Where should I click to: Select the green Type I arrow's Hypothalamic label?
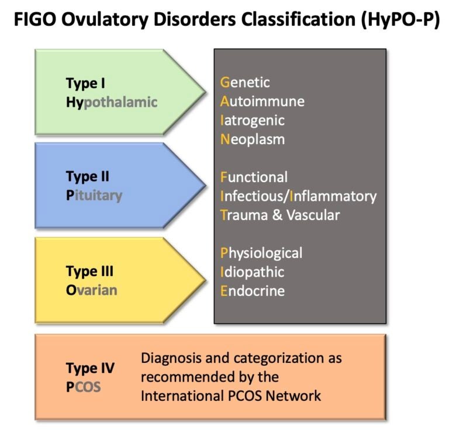[x=112, y=102]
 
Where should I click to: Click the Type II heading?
[x=88, y=177]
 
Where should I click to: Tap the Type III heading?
[x=89, y=271]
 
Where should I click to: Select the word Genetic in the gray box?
[x=245, y=83]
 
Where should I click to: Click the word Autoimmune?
[x=262, y=102]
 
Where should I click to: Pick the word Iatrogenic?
[x=253, y=120]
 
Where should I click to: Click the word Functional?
[x=254, y=177]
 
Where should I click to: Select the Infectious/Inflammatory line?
[x=298, y=195]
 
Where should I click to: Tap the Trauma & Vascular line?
[x=279, y=215]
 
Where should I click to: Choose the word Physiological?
[x=261, y=253]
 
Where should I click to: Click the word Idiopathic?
[x=252, y=272]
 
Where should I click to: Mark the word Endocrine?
[x=252, y=291]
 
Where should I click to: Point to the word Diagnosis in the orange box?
[x=169, y=358]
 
